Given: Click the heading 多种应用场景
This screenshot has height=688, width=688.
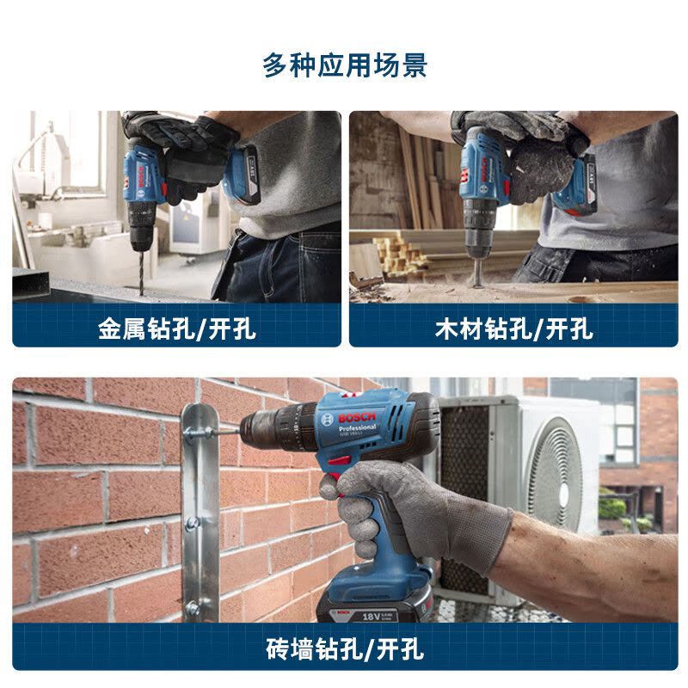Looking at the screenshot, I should (344, 65).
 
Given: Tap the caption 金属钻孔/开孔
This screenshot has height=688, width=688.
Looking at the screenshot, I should (176, 328).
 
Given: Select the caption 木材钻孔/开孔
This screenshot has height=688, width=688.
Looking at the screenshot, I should (513, 328).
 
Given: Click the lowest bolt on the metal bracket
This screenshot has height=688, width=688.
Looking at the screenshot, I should (193, 608).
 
